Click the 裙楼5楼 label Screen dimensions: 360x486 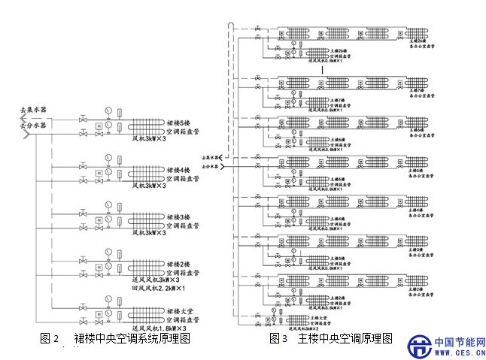click(x=181, y=123)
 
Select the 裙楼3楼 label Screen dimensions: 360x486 click(x=181, y=216)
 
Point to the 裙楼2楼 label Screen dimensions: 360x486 click(x=181, y=264)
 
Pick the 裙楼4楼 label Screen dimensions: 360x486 click(x=181, y=170)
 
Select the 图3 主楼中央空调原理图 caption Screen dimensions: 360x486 click(x=331, y=339)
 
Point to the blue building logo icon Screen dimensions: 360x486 click(x=418, y=346)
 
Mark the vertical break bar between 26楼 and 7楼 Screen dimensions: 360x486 click(x=323, y=69)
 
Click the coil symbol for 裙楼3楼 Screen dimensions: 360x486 click(x=146, y=221)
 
